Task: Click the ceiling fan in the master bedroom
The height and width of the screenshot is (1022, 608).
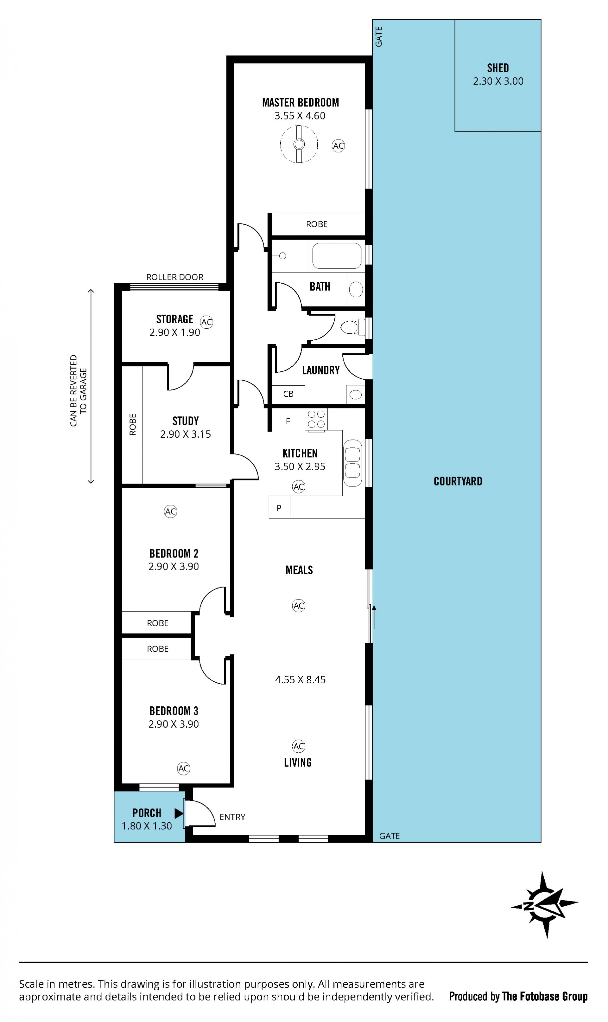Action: [x=299, y=144]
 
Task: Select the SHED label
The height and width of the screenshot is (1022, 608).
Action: [x=498, y=68]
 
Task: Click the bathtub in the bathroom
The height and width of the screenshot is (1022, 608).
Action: [x=337, y=255]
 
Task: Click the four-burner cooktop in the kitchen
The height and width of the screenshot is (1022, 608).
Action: [x=316, y=419]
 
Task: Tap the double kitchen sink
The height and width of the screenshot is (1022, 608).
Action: [x=352, y=463]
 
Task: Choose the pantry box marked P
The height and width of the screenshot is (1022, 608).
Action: [x=279, y=508]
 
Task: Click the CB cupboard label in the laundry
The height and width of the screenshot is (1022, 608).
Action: [x=288, y=394]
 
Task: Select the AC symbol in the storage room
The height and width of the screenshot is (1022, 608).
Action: [x=206, y=322]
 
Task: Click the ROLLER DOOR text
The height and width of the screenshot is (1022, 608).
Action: [x=175, y=277]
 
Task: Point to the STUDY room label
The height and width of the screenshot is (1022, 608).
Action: [x=186, y=421]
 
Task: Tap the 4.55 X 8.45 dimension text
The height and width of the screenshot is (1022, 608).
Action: [x=300, y=680]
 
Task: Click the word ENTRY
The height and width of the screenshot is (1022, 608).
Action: [x=232, y=817]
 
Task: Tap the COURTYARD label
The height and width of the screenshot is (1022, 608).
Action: [x=458, y=481]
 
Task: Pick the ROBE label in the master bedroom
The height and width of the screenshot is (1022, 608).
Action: [x=317, y=224]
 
